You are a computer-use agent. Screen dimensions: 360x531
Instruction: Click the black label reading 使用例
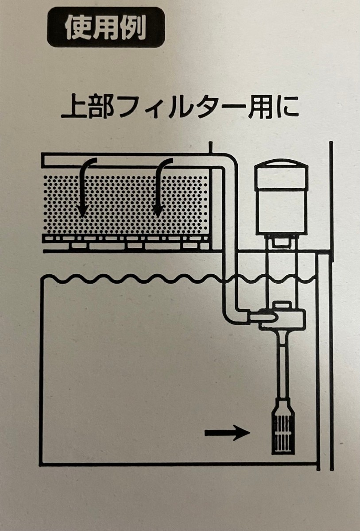pos(106,27)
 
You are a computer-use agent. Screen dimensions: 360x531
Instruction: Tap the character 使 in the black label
pos(77,27)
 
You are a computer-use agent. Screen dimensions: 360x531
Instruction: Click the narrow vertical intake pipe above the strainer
pos(283,366)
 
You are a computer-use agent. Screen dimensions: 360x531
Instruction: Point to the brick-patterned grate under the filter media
pos(126,243)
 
